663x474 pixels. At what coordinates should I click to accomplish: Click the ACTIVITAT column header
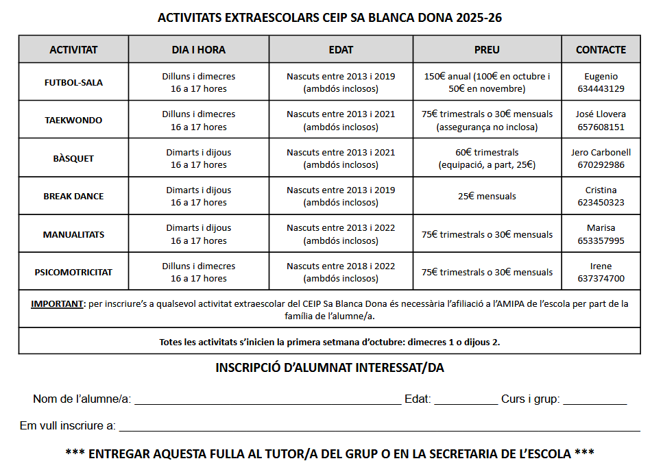(x=73, y=49)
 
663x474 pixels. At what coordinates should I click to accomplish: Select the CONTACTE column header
(x=601, y=49)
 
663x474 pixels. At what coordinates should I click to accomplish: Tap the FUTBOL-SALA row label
(x=73, y=82)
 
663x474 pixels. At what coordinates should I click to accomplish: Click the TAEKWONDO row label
(x=73, y=120)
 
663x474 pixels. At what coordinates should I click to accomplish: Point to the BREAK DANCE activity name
(x=73, y=196)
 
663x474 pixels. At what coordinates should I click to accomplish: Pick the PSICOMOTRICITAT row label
(x=73, y=272)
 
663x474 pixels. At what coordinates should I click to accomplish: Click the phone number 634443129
(x=601, y=88)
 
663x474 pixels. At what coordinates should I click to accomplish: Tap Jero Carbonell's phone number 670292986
(x=601, y=164)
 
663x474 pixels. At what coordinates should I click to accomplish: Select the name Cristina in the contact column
(x=601, y=190)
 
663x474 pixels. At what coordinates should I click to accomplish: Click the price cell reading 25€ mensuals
(x=487, y=196)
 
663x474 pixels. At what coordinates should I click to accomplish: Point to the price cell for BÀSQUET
(x=487, y=158)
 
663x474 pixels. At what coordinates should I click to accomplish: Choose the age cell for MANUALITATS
(x=341, y=234)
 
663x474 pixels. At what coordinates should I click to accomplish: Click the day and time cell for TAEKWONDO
(x=198, y=120)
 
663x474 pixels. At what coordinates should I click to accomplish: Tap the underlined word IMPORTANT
(x=57, y=303)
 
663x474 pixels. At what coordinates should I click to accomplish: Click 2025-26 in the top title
(x=478, y=18)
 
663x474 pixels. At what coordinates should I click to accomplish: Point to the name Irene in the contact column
(x=601, y=266)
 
